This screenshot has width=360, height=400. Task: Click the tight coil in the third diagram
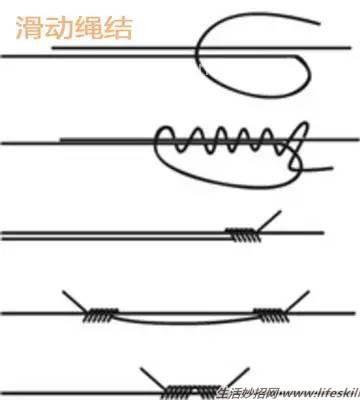pos(241,235)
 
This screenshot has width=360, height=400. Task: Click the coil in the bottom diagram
pos(180,387)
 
